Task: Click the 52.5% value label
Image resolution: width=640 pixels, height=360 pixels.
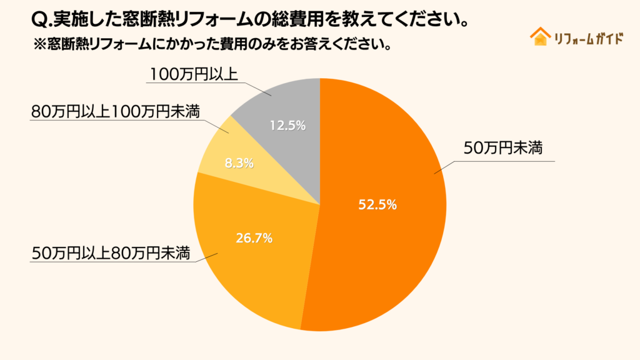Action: [x=377, y=204]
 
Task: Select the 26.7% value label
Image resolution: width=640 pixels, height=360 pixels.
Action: [x=254, y=238]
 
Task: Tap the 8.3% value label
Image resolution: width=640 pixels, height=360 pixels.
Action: [x=239, y=164]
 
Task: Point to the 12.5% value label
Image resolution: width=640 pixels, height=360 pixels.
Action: [x=287, y=126]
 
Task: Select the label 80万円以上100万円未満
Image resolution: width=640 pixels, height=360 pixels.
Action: [x=115, y=112]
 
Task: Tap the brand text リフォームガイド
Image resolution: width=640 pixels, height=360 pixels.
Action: [x=589, y=38]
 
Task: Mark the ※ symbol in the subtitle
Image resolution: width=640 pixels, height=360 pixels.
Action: [x=38, y=45]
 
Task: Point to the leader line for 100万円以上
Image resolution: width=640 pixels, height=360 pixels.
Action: [x=253, y=88]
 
